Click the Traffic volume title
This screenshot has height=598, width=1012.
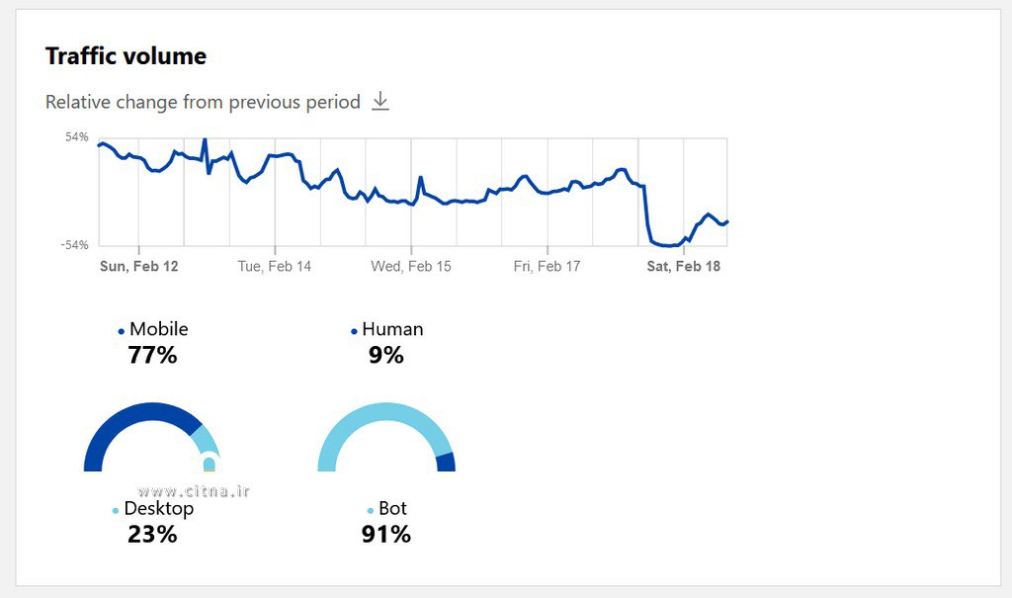pyautogui.click(x=126, y=56)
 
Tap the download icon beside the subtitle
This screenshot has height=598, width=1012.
pyautogui.click(x=380, y=102)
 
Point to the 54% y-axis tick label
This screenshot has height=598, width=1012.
pyautogui.click(x=77, y=136)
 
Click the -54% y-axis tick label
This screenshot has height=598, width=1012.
pyautogui.click(x=75, y=245)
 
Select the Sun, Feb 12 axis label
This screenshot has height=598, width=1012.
pyautogui.click(x=139, y=266)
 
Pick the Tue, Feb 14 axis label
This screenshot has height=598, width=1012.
pyautogui.click(x=275, y=266)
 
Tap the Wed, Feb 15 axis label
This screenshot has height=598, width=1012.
pyautogui.click(x=411, y=266)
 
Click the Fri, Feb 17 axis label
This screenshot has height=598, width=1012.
pyautogui.click(x=547, y=266)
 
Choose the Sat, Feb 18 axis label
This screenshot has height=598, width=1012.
pyautogui.click(x=683, y=266)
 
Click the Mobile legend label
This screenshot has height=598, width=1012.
pyautogui.click(x=158, y=329)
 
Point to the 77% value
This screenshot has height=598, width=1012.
pyautogui.click(x=152, y=355)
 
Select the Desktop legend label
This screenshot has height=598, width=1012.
pyautogui.click(x=158, y=509)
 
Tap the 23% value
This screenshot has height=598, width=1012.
pyautogui.click(x=152, y=535)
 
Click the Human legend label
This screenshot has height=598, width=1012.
pyautogui.click(x=392, y=329)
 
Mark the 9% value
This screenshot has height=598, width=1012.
pyautogui.click(x=386, y=355)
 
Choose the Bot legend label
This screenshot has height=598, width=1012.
pyautogui.click(x=392, y=509)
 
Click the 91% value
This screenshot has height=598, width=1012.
pyautogui.click(x=386, y=535)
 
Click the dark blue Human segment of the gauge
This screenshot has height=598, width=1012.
pyautogui.click(x=446, y=463)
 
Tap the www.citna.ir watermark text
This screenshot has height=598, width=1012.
pyautogui.click(x=194, y=490)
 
